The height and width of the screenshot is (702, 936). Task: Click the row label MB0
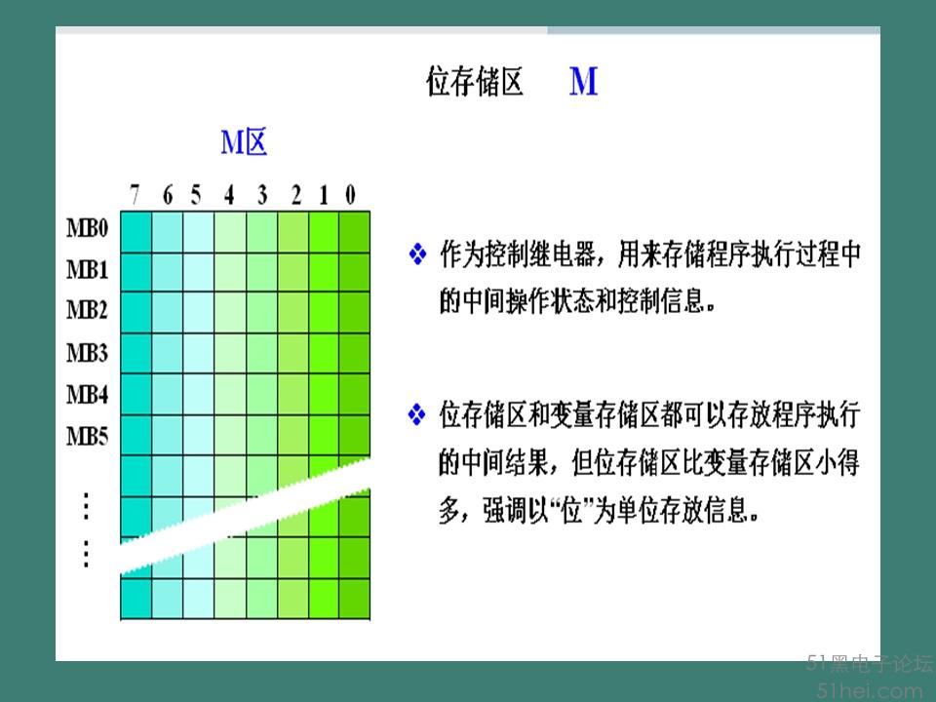click(x=87, y=228)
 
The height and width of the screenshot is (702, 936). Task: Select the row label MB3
click(x=87, y=353)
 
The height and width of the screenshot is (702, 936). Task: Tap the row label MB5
click(x=87, y=437)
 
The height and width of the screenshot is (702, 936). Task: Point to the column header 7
click(x=135, y=195)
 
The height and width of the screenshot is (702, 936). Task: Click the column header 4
click(x=229, y=195)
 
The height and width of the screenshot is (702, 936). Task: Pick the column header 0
click(x=350, y=195)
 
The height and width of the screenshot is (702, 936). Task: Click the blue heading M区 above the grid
click(x=244, y=142)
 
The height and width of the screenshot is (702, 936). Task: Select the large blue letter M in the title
click(x=583, y=81)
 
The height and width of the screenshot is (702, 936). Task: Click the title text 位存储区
click(x=475, y=82)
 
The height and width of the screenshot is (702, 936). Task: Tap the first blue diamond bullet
click(x=418, y=254)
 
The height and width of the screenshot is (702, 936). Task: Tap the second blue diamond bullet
click(x=416, y=414)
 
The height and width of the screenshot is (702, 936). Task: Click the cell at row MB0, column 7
click(x=136, y=232)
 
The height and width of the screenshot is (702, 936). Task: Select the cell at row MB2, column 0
click(x=355, y=313)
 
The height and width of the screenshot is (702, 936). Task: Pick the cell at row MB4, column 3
click(x=261, y=395)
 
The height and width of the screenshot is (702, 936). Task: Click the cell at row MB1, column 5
click(x=199, y=273)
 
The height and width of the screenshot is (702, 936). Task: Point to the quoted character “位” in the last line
click(x=572, y=511)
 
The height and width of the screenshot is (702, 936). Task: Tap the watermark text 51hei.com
click(x=871, y=691)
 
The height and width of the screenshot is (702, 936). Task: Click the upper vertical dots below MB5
click(x=87, y=506)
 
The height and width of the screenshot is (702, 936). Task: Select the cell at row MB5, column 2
click(x=292, y=435)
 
